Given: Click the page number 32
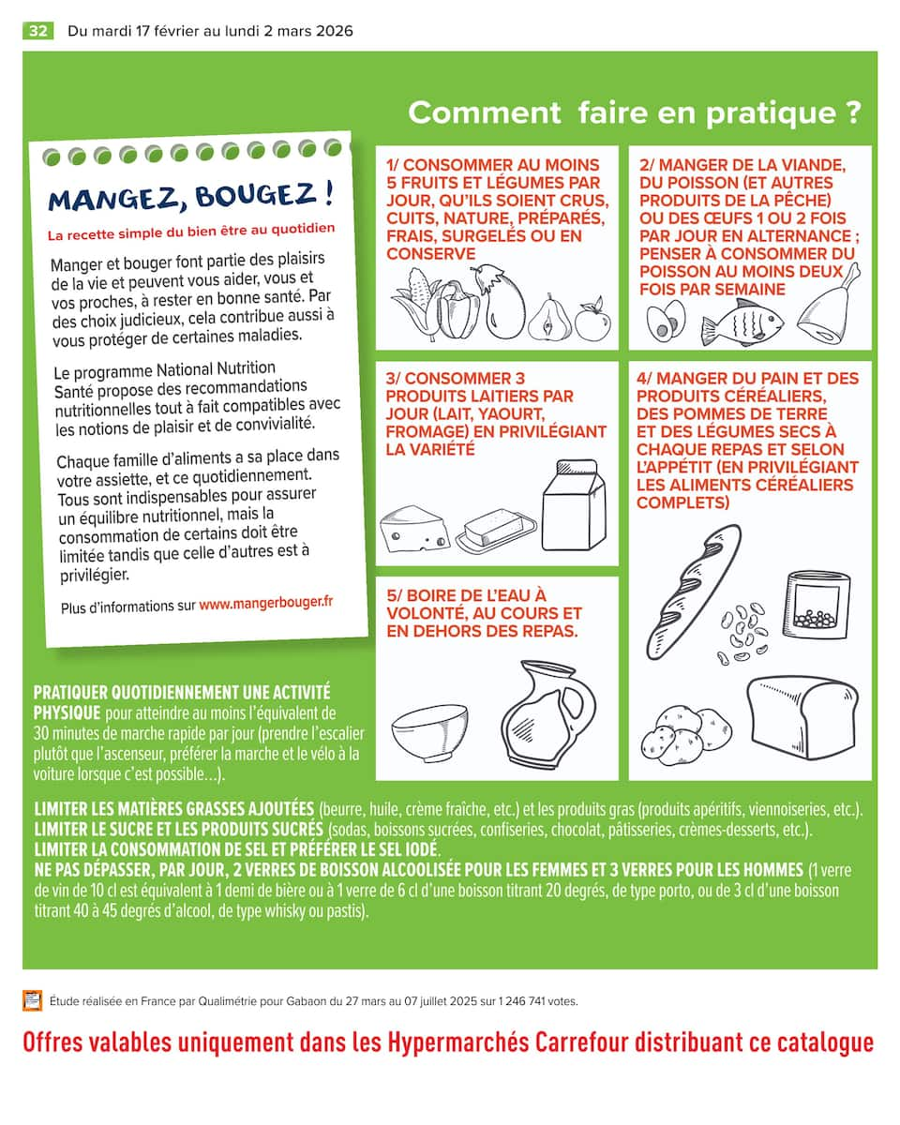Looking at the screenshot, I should click(x=38, y=31).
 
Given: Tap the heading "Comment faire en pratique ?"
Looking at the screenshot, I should click(x=634, y=112).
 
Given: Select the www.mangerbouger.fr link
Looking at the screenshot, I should click(x=265, y=603).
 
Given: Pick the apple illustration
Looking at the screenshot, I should click(x=592, y=320).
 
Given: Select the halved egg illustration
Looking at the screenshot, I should click(x=666, y=322).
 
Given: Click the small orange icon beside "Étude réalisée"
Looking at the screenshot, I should click(x=33, y=1000).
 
